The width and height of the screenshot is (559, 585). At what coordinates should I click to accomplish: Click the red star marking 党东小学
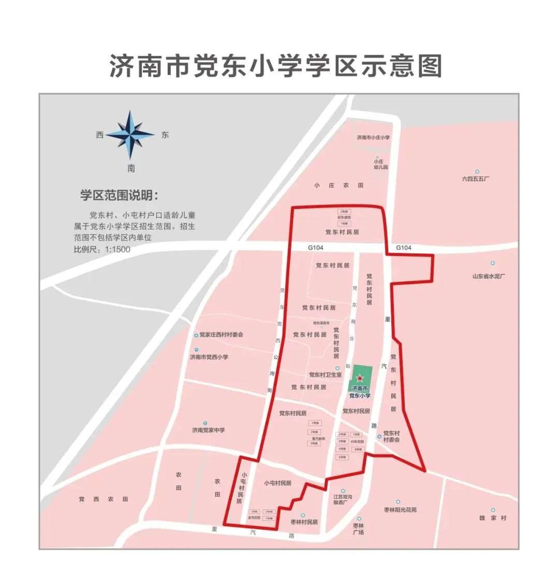click(x=360, y=379)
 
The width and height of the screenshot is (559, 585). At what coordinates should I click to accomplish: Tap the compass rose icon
click(x=133, y=134)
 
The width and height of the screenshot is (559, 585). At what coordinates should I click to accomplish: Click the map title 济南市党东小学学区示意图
click(x=276, y=66)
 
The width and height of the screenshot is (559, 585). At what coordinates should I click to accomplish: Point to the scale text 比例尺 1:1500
click(x=102, y=249)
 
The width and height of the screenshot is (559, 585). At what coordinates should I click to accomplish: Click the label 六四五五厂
click(x=476, y=179)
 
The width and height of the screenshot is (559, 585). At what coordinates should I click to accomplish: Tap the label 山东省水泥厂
click(x=489, y=276)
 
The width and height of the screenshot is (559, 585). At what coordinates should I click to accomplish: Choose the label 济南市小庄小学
click(x=373, y=138)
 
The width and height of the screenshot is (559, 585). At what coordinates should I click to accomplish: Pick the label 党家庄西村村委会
click(x=221, y=335)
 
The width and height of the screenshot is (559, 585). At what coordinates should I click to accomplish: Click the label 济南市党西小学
click(x=209, y=357)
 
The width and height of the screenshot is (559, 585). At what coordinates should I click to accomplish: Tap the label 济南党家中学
click(x=208, y=430)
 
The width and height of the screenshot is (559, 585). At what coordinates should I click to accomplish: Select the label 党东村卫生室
click(x=326, y=375)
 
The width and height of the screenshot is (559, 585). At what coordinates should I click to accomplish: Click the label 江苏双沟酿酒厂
click(x=342, y=499)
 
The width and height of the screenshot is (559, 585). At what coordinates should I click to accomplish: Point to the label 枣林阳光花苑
click(x=400, y=509)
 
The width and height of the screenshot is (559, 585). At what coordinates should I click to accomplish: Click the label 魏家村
click(x=492, y=518)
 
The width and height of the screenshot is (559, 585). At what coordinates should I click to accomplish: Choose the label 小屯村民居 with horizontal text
click(x=277, y=483)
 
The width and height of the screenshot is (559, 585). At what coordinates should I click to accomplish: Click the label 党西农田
click(x=104, y=499)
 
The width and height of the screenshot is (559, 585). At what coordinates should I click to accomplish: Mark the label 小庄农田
click(x=339, y=185)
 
